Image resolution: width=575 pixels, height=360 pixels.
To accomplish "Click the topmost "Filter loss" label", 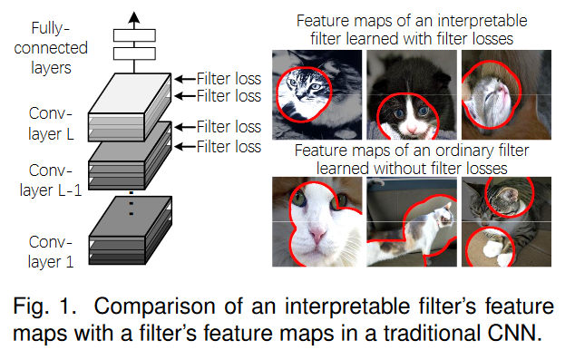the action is [229, 79].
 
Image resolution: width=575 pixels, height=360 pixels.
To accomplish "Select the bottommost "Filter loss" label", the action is [229, 147].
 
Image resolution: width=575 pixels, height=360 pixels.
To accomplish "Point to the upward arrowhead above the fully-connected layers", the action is [134, 17].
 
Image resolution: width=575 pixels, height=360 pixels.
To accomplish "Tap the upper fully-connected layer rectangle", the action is [134, 35].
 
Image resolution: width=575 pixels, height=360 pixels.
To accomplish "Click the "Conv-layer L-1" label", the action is [51, 180].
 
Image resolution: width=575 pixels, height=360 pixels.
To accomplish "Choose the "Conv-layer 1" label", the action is [51, 252].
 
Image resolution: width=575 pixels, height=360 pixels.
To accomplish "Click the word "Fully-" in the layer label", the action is [51, 28].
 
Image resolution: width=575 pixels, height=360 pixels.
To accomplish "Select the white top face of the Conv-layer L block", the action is [130, 93].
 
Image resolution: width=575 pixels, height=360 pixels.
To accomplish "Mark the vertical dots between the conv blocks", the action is [132, 203].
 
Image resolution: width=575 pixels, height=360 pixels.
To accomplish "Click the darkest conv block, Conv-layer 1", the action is [131, 230].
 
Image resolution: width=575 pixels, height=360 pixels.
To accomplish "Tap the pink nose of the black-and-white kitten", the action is [412, 129].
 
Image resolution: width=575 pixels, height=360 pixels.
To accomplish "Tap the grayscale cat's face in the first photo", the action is [304, 89].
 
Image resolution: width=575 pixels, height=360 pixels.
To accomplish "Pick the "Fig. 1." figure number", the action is [44, 306].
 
